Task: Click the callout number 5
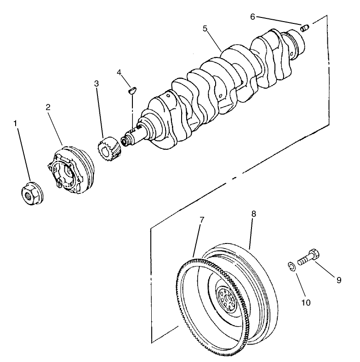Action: click(x=206, y=28)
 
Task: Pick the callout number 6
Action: click(x=252, y=17)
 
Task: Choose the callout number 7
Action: click(x=201, y=220)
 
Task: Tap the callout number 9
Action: click(x=338, y=280)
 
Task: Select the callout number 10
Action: click(x=306, y=303)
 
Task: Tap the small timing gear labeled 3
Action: click(x=109, y=147)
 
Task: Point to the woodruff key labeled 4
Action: click(x=131, y=90)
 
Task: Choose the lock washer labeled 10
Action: click(x=291, y=267)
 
